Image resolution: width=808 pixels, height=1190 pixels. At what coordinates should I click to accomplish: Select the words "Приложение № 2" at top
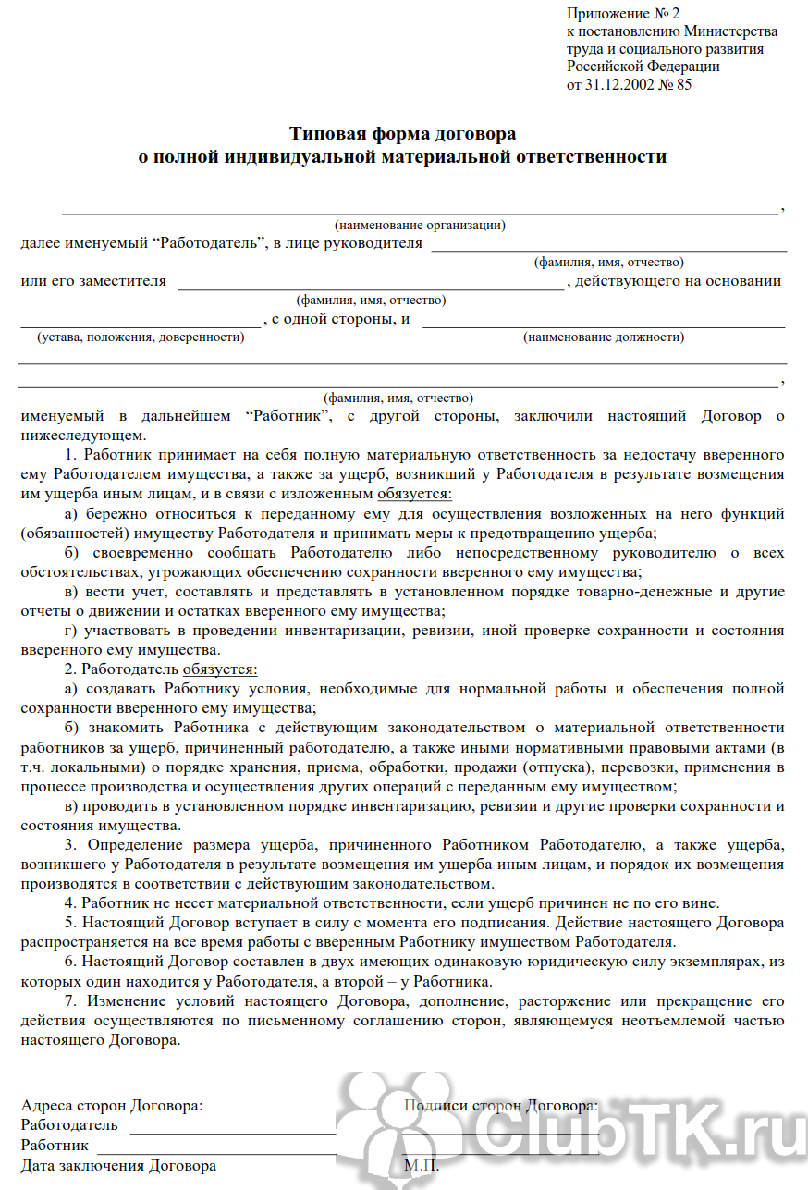[x=623, y=13]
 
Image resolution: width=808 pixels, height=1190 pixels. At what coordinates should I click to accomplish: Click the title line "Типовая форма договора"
[x=402, y=134]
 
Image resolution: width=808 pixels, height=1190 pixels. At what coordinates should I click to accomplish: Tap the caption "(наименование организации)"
[x=420, y=225]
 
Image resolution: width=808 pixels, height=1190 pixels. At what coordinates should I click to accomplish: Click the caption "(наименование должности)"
[x=604, y=337]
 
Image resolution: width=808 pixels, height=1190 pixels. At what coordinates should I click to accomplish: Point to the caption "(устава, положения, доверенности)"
[x=141, y=337]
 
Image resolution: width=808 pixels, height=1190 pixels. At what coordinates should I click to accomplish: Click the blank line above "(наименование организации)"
[x=420, y=212]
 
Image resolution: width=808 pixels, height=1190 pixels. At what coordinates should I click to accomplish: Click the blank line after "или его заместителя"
[x=370, y=288]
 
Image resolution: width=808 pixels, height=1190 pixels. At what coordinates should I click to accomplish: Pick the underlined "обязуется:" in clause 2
[x=220, y=669]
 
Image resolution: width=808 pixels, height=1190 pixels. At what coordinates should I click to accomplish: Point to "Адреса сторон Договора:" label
[x=112, y=1106]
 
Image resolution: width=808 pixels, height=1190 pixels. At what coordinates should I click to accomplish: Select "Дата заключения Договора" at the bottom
[x=118, y=1166]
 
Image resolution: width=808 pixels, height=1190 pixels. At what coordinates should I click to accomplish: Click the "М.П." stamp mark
[x=421, y=1166]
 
